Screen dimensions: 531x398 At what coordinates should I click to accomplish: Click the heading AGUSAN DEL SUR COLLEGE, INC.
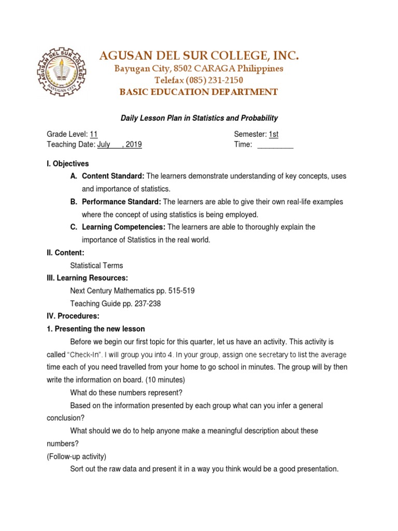pyautogui.click(x=199, y=56)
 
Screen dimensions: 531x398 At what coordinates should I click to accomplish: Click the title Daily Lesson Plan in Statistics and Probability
pyautogui.click(x=199, y=118)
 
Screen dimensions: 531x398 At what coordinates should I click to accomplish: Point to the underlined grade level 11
pyautogui.click(x=94, y=134)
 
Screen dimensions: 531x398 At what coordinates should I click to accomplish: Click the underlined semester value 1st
pyautogui.click(x=273, y=134)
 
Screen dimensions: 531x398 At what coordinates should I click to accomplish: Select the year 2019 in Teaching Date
pyautogui.click(x=134, y=145)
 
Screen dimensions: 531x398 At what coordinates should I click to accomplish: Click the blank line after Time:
pyautogui.click(x=275, y=145)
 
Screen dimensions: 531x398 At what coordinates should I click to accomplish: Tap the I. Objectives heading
pyautogui.click(x=67, y=164)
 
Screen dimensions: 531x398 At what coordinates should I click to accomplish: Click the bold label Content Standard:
pyautogui.click(x=113, y=176)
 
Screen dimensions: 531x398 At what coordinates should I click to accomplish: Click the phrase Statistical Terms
pyautogui.click(x=96, y=265)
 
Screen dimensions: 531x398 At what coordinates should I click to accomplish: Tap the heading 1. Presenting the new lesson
pyautogui.click(x=96, y=329)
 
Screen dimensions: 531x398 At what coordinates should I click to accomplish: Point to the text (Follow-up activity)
pyautogui.click(x=76, y=456)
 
